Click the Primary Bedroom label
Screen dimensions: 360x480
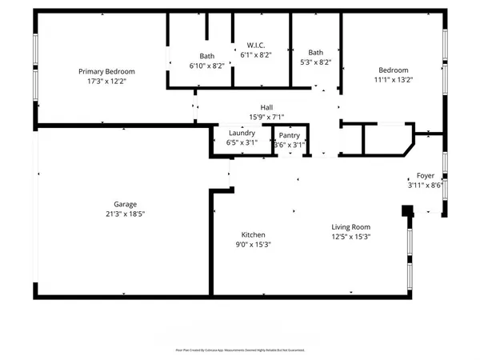click(x=106, y=71)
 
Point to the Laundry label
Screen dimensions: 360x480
click(x=242, y=133)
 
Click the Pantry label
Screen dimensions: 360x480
click(x=289, y=135)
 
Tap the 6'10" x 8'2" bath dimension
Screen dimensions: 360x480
click(x=207, y=66)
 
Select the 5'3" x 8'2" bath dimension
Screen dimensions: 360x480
click(x=316, y=62)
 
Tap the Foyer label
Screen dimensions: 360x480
click(x=425, y=177)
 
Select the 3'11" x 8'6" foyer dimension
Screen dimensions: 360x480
click(x=425, y=187)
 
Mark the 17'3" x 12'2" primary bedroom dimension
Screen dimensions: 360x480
click(x=106, y=82)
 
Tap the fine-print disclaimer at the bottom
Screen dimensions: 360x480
click(x=240, y=350)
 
